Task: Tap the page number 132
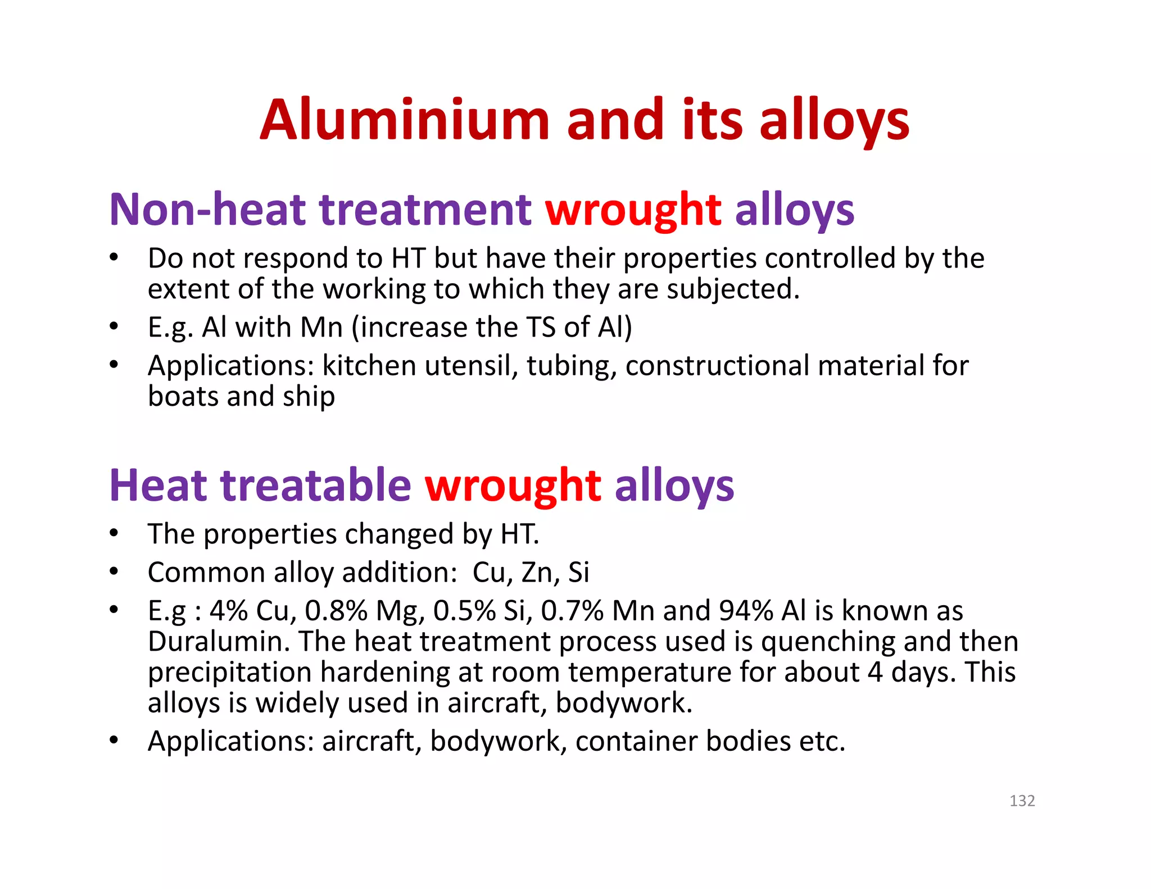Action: pyautogui.click(x=1022, y=801)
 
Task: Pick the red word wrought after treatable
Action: pyautogui.click(x=513, y=486)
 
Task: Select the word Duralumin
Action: pyautogui.click(x=219, y=641)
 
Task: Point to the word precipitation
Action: pyautogui.click(x=229, y=673)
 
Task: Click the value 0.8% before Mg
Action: pyautogui.click(x=336, y=610)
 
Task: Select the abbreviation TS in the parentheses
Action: pyautogui.click(x=542, y=327)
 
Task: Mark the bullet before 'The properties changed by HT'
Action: pyautogui.click(x=114, y=533)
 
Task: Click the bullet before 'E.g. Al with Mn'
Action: pyautogui.click(x=114, y=326)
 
